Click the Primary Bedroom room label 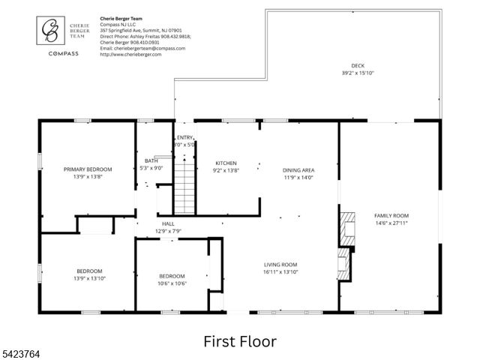89,169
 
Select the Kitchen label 226,163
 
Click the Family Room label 391,215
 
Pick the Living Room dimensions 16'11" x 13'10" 280,272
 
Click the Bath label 151,160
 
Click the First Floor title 239,341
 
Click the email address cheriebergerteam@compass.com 142,48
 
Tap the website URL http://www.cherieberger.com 130,54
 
